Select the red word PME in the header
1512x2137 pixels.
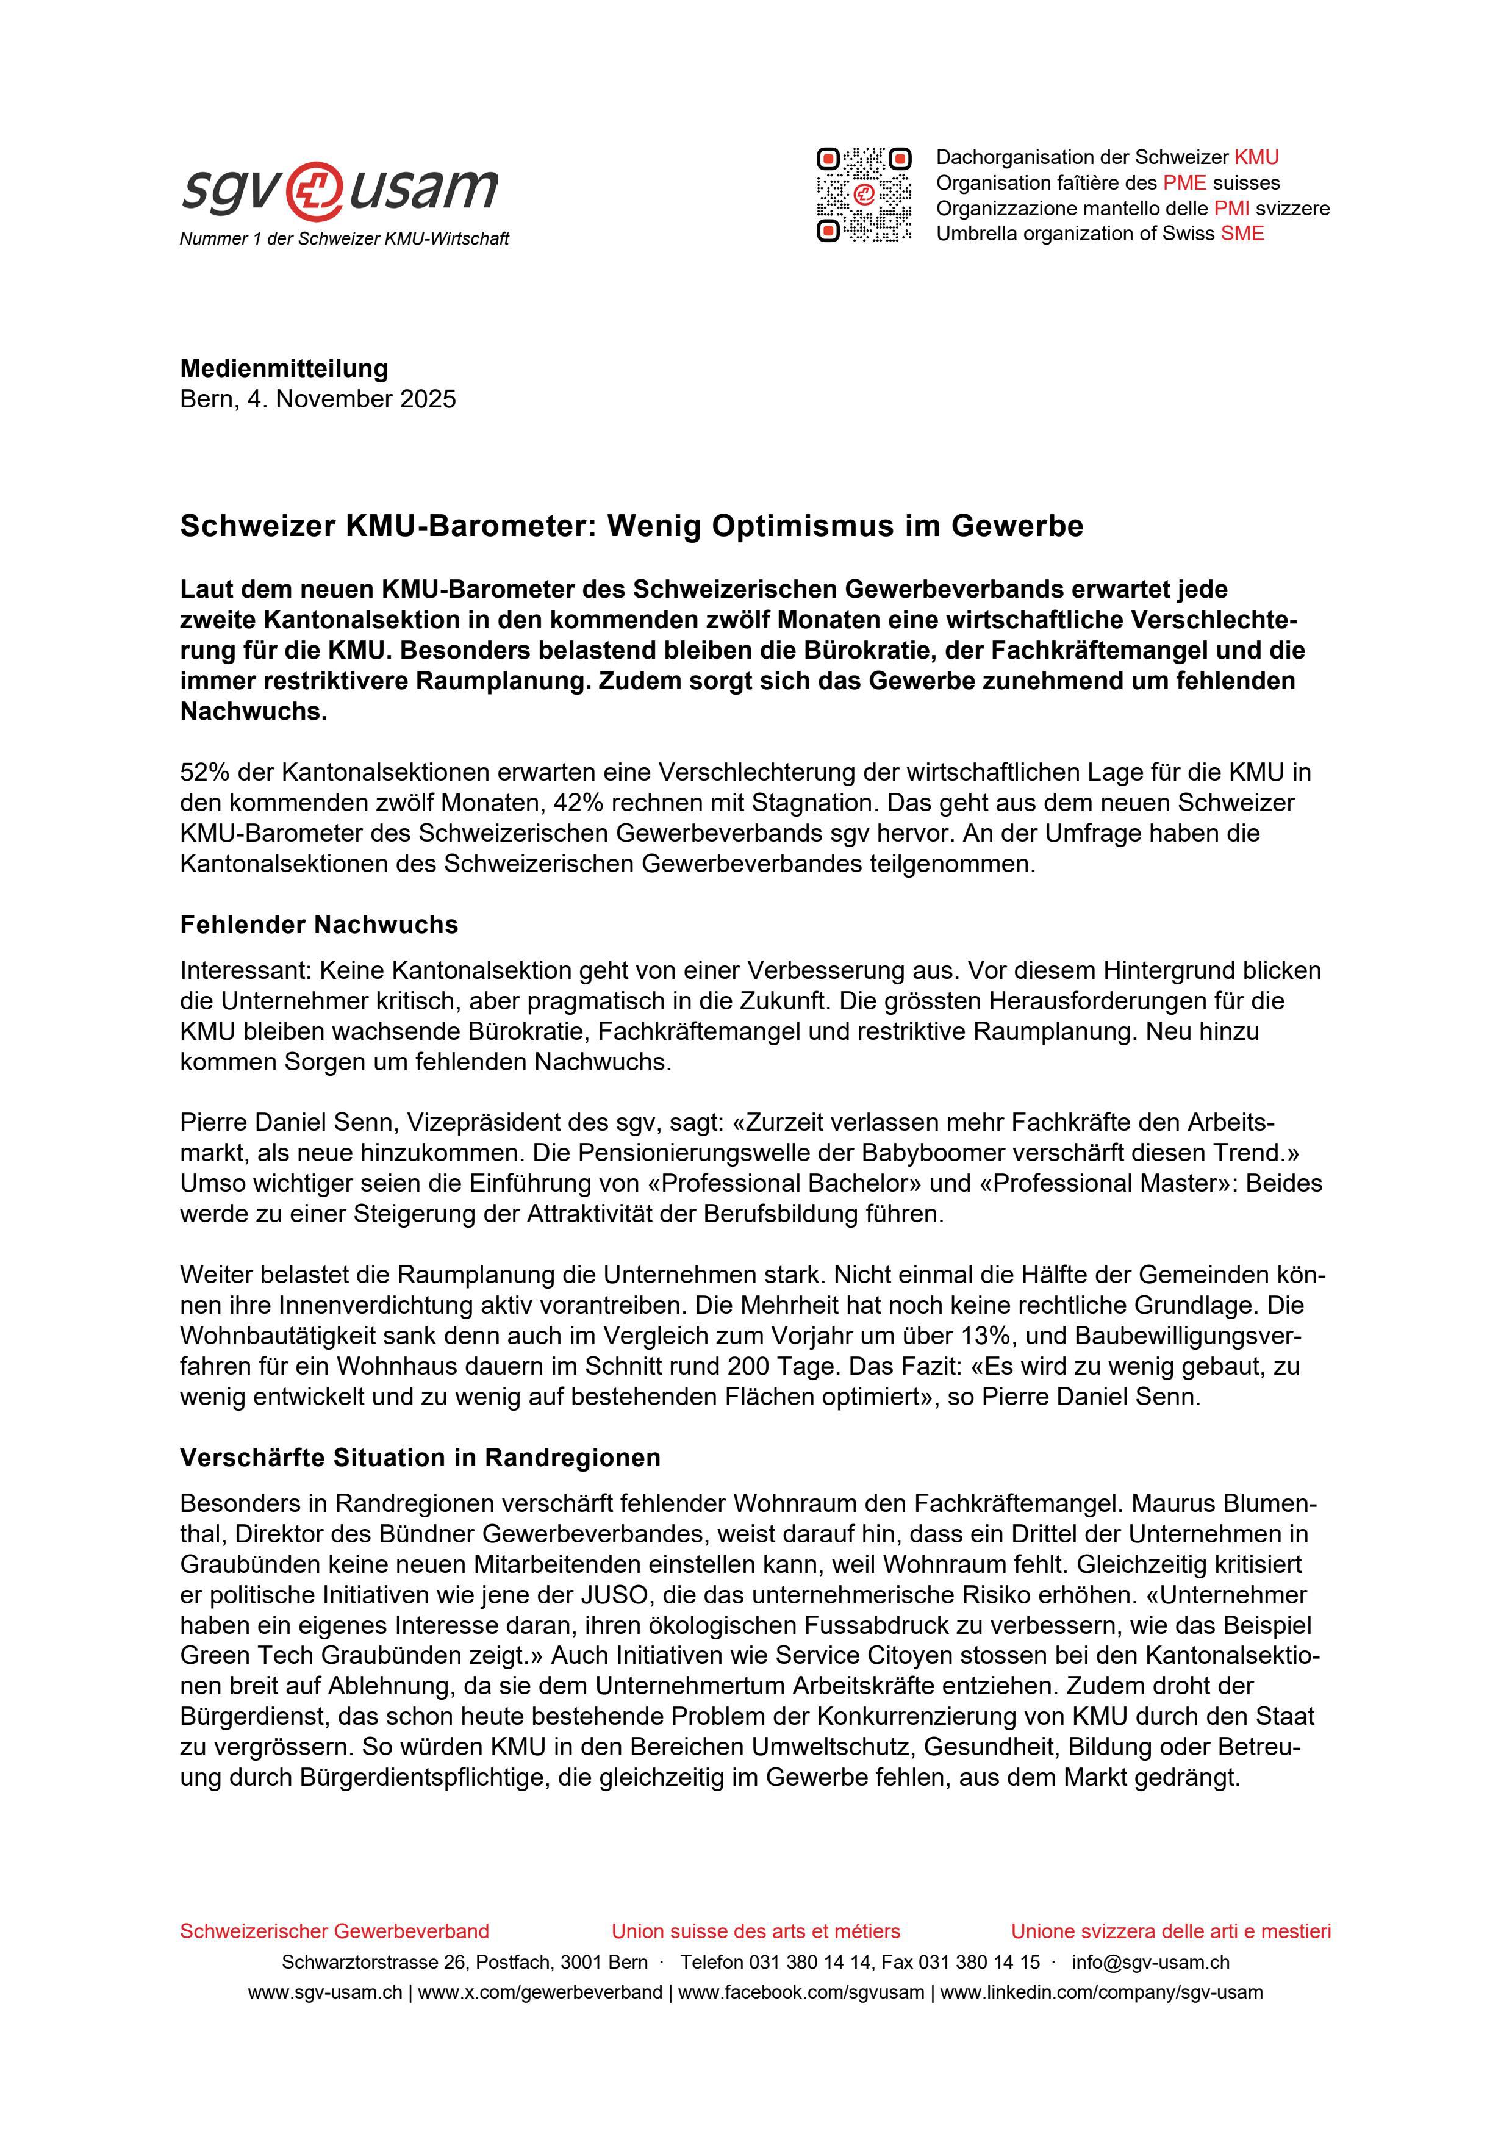point(1184,182)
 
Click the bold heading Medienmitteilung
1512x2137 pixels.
point(284,368)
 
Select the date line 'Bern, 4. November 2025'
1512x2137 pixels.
point(318,399)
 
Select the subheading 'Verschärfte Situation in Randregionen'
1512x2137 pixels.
point(420,1458)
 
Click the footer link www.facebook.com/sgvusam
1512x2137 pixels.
point(801,1992)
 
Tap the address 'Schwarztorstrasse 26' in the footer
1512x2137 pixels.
point(361,1962)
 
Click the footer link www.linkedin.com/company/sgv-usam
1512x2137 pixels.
point(1102,1992)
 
